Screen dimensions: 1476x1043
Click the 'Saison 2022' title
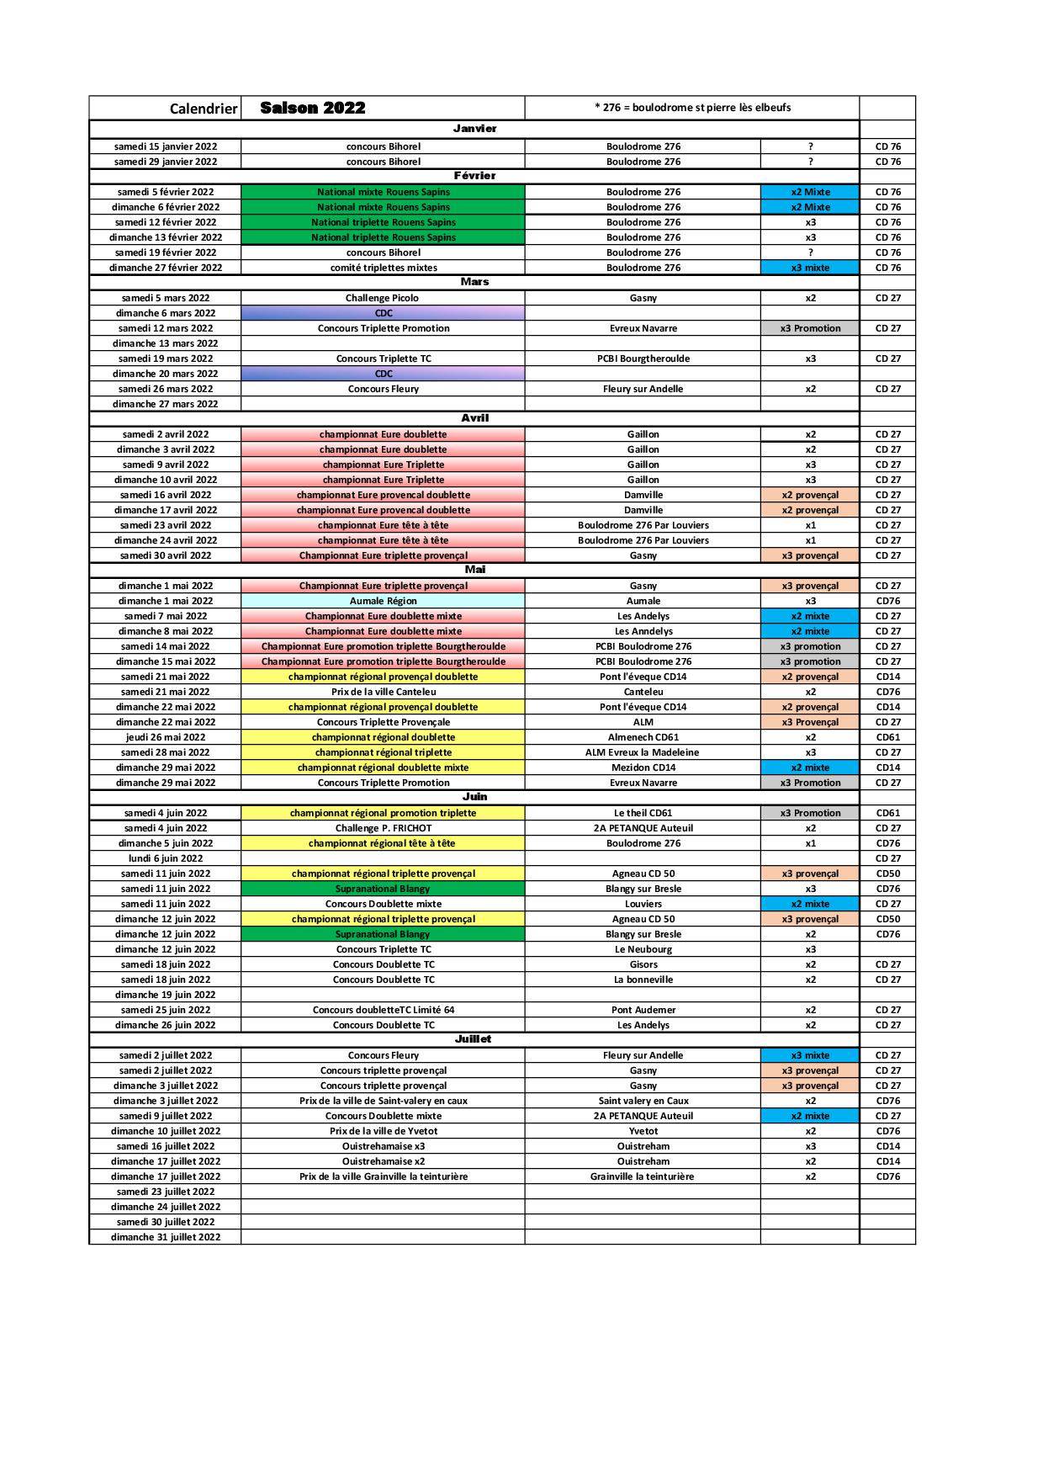313,108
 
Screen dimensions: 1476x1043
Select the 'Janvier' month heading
474,129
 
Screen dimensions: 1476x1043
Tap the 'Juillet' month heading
473,1039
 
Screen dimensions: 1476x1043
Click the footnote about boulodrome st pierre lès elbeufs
692,108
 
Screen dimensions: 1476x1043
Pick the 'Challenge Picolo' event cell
382,298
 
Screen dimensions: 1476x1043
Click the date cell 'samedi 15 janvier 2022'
166,146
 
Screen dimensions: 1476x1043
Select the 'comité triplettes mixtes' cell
384,268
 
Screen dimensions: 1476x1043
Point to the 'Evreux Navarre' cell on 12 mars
643,328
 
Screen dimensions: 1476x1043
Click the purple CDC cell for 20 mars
384,374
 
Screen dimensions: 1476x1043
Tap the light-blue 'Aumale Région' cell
384,601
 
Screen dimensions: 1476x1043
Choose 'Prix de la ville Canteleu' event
384,692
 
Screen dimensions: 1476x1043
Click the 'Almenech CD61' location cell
643,737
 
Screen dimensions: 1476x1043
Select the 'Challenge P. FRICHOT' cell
384,828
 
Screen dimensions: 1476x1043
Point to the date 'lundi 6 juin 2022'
166,858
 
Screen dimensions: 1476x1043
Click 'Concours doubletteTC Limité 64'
384,1010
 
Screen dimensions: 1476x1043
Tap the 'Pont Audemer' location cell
643,1010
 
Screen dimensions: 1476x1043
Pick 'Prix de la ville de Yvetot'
384,1131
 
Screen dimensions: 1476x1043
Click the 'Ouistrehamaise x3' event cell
384,1146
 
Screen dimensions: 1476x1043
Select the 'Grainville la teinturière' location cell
643,1176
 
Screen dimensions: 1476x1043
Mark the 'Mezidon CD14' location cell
643,767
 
